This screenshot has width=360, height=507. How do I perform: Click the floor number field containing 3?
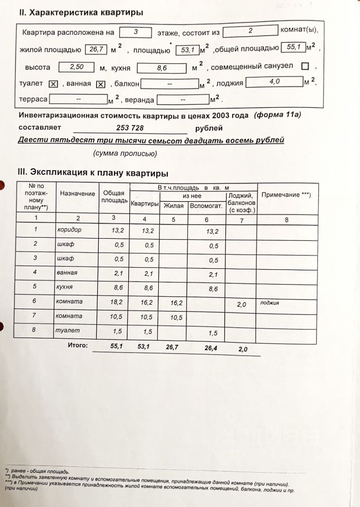(136, 32)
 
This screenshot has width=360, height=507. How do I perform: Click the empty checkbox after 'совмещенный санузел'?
(305, 67)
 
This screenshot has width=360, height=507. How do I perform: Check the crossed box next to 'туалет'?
(53, 84)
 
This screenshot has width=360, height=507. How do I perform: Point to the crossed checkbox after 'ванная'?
(101, 84)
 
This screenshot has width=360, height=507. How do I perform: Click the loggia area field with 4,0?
(274, 82)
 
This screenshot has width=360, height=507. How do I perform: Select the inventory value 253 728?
(130, 128)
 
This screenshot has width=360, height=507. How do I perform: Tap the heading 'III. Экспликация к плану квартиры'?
(93, 173)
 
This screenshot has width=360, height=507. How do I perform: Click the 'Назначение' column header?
(78, 194)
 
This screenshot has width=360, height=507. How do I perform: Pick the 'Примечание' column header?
(286, 194)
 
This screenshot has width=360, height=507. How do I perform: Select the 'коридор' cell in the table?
(69, 230)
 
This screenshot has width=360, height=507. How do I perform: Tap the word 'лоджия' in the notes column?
(269, 303)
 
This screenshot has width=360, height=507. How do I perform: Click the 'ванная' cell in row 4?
(67, 273)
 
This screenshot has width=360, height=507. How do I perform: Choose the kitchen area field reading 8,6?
(162, 68)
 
